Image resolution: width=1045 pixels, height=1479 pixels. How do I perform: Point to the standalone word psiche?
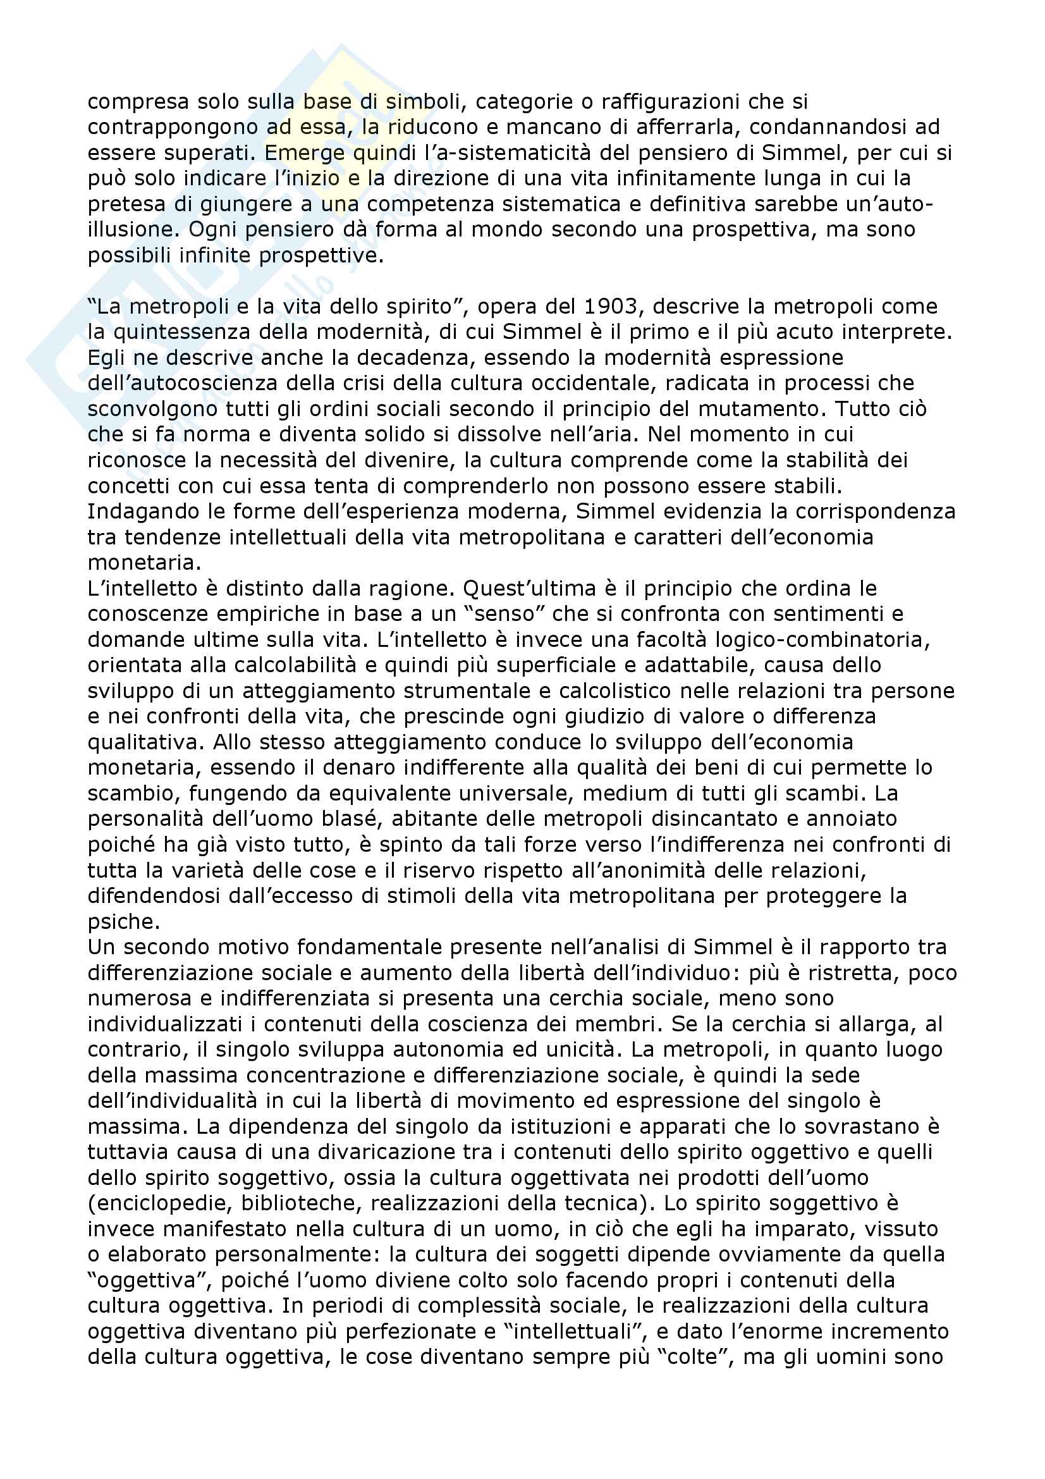[x=124, y=921]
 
